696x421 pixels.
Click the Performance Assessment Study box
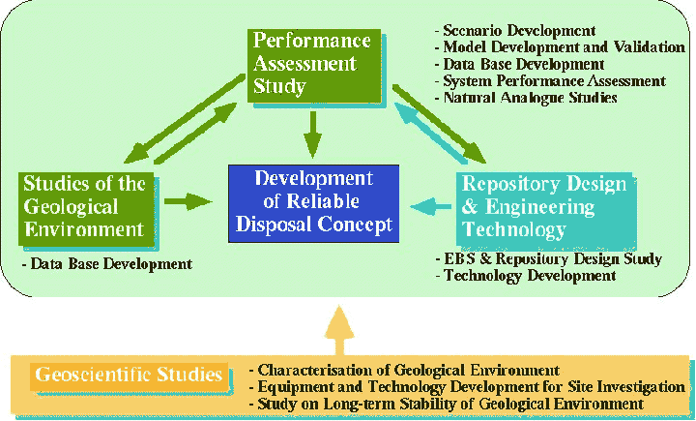pyautogui.click(x=314, y=66)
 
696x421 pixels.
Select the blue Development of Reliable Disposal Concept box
pyautogui.click(x=313, y=203)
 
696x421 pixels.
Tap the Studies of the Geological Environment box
pyautogui.click(x=86, y=209)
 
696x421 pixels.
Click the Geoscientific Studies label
pyautogui.click(x=129, y=375)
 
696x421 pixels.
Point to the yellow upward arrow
pyautogui.click(x=339, y=330)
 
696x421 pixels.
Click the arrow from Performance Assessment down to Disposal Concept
pyautogui.click(x=313, y=135)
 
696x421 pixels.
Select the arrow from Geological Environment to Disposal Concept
pyautogui.click(x=188, y=201)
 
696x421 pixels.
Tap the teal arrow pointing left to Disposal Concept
pyautogui.click(x=431, y=206)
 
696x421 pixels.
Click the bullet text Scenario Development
pyautogui.click(x=515, y=31)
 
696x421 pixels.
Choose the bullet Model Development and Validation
pyautogui.click(x=560, y=47)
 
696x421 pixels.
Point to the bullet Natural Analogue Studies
pyautogui.click(x=526, y=98)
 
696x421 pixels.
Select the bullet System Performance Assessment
pyautogui.click(x=550, y=81)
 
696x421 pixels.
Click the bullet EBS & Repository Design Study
pyautogui.click(x=549, y=258)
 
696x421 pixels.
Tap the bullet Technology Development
pyautogui.click(x=526, y=276)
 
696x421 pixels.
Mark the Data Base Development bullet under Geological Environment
pyautogui.click(x=107, y=264)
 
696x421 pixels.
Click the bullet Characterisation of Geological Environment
pyautogui.click(x=404, y=370)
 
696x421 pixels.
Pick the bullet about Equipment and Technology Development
pyautogui.click(x=467, y=387)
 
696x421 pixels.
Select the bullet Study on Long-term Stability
pyautogui.click(x=446, y=405)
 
